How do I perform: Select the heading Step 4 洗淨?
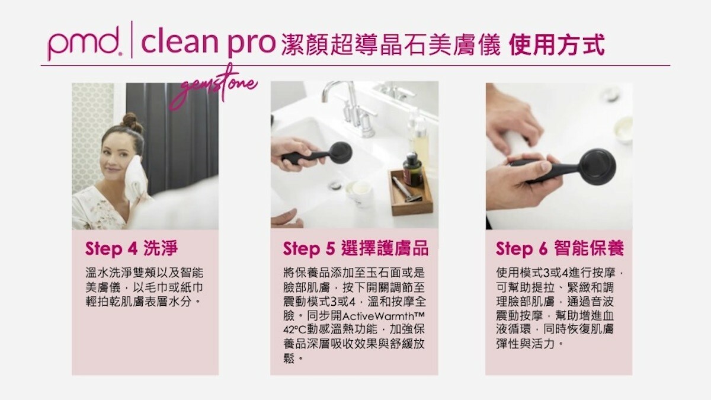pos(132,248)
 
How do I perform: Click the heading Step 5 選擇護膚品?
pos(355,248)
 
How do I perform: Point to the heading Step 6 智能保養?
pos(560,248)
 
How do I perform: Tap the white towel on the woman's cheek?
pos(136,178)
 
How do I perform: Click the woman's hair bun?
pos(131,121)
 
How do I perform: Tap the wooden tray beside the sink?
pos(411,194)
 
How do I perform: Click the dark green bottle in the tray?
pos(412,168)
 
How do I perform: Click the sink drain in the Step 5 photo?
pos(334,184)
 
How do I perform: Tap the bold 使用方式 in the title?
pos(556,44)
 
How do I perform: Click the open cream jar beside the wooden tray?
pos(358,193)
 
